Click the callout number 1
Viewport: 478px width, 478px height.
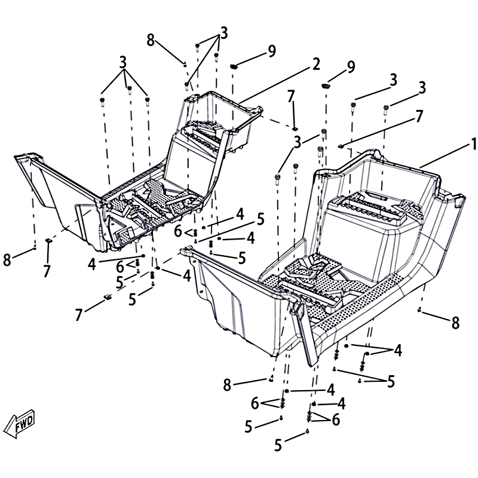pos(473,143)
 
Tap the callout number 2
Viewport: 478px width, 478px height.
pos(316,65)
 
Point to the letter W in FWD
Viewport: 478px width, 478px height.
pos(23,423)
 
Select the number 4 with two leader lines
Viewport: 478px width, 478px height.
pos(398,351)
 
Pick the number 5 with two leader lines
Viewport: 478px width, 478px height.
pos(391,382)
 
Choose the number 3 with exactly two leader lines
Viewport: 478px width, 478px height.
pos(298,142)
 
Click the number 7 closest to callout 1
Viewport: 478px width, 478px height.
pos(419,116)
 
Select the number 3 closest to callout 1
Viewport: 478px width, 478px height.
pos(422,88)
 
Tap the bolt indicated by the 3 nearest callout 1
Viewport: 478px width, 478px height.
pos(385,109)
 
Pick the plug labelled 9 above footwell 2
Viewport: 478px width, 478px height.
pos(234,66)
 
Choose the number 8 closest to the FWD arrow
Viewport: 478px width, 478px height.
pos(7,260)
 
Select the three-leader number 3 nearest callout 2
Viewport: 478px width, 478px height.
pos(224,33)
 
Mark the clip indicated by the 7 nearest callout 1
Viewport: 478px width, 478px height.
pos(341,146)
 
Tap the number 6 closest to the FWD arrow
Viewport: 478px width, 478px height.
pos(120,267)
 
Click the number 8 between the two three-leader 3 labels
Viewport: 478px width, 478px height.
pos(151,40)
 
